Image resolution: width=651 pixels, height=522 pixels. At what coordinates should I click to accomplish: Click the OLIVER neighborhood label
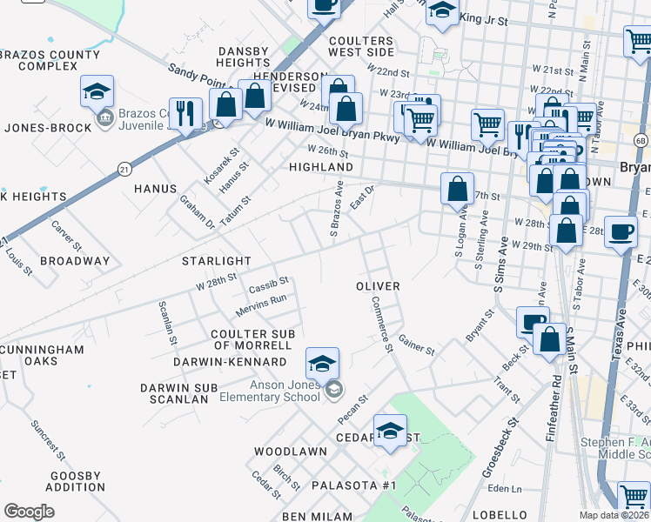379,286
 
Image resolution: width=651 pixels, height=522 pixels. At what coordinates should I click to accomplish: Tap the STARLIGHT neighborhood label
216,261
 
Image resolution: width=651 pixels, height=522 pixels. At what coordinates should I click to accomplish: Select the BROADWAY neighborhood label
76,261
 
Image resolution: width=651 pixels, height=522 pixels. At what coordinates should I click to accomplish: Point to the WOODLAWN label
291,452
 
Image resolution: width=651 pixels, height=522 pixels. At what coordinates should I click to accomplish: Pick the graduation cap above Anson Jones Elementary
322,363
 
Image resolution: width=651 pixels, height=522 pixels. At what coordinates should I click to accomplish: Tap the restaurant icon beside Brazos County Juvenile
185,113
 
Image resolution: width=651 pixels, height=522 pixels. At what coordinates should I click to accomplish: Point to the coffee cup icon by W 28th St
621,231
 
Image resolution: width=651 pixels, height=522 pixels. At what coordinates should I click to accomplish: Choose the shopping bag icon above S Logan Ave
457,189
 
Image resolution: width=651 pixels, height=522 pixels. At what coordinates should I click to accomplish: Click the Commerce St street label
380,324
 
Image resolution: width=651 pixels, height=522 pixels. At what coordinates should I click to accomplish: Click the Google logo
29,512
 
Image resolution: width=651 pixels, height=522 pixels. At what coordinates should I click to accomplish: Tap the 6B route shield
641,139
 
